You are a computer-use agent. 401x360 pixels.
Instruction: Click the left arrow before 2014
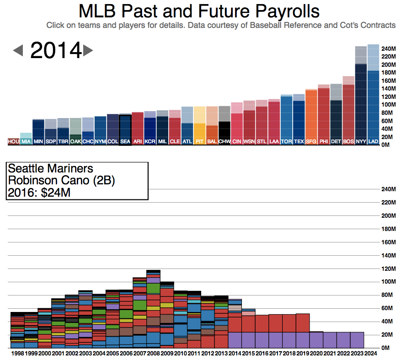18,50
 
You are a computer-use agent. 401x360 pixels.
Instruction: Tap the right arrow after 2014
88,50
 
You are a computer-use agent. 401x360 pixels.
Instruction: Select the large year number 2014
55,50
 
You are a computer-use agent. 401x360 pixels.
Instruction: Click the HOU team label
13,142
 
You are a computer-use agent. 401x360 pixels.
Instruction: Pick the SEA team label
125,142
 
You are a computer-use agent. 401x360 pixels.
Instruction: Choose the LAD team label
373,142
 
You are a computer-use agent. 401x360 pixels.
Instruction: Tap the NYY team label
361,142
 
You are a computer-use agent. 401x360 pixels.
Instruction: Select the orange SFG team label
311,142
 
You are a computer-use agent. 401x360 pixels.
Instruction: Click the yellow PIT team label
199,142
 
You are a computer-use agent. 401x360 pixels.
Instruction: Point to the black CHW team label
224,142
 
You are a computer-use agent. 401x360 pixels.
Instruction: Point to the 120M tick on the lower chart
388,269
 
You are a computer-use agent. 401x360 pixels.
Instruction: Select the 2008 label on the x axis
153,353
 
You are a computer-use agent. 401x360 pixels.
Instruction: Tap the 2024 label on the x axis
371,353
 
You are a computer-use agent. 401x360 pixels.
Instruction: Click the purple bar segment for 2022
343,340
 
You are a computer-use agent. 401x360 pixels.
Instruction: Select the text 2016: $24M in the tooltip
39,193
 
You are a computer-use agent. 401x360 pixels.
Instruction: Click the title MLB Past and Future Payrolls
199,11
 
